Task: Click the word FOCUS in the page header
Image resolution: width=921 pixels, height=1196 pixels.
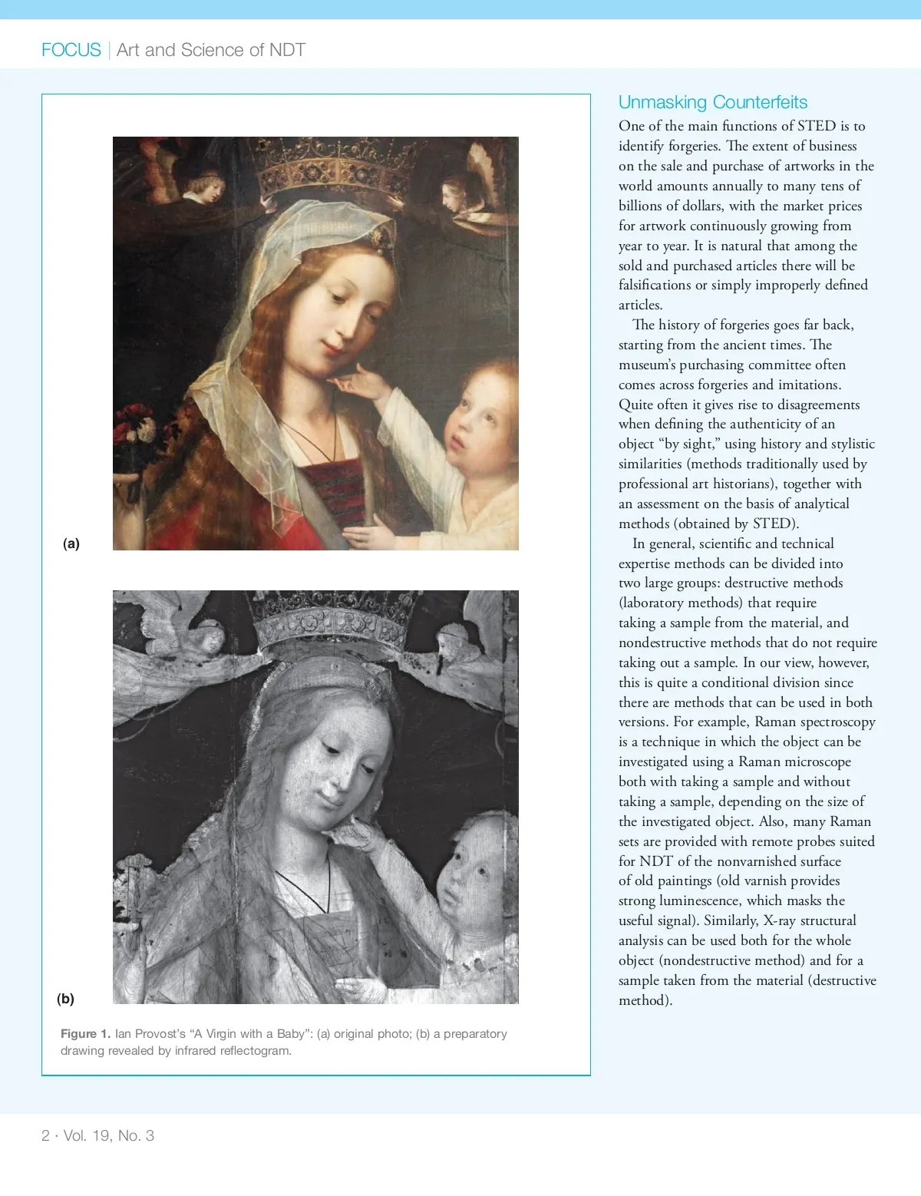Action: pyautogui.click(x=71, y=50)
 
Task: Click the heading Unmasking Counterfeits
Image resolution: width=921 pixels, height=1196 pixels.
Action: pyautogui.click(x=712, y=102)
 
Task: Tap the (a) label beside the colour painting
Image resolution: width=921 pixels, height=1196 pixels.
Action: pyautogui.click(x=71, y=543)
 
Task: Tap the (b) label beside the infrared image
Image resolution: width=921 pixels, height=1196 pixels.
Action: pyautogui.click(x=65, y=998)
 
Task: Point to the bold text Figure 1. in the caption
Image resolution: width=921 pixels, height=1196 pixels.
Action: pyautogui.click(x=85, y=1033)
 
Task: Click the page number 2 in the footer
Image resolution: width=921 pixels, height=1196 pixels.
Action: pyautogui.click(x=45, y=1135)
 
